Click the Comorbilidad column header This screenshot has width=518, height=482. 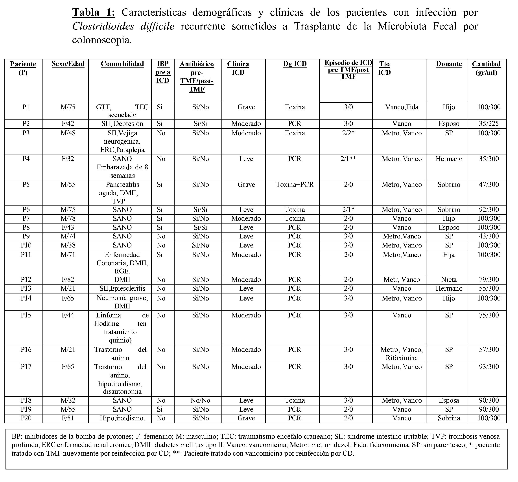(122, 64)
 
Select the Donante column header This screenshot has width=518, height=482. (449, 64)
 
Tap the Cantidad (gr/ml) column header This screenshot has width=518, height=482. (486, 68)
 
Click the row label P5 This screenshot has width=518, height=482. (26, 185)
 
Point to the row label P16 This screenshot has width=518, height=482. (26, 350)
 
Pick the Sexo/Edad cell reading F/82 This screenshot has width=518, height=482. (68, 280)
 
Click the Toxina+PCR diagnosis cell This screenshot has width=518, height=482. (295, 185)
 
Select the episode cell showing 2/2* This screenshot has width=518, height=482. (348, 133)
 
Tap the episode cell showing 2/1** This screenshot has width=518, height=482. (348, 159)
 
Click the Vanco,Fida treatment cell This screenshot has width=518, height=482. (402, 107)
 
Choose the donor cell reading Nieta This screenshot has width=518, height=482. (449, 280)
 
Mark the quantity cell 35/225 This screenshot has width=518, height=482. (489, 124)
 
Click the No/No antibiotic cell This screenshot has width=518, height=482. (200, 400)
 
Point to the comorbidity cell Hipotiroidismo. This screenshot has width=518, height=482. (122, 418)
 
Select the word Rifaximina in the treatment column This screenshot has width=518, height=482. (402, 358)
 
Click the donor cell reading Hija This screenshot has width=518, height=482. (449, 255)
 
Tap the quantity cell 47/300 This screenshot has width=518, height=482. (489, 185)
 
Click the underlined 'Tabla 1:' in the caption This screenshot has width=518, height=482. (94, 13)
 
